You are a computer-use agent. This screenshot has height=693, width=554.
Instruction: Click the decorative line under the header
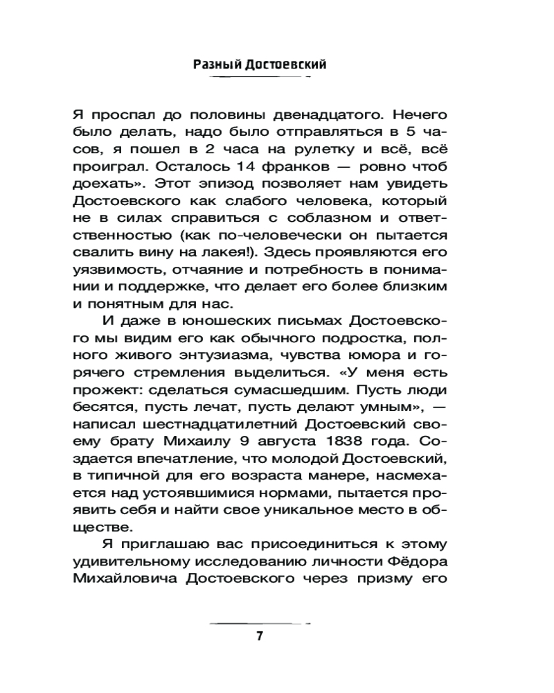click(259, 78)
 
